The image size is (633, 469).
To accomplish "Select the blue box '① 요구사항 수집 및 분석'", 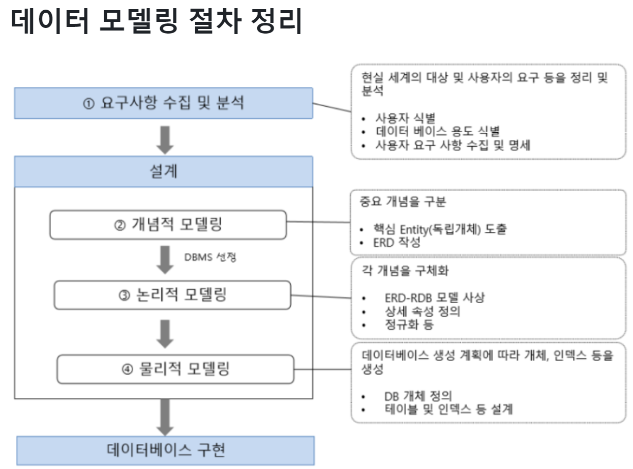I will tap(163, 103).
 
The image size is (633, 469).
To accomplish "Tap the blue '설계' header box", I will tap(163, 172).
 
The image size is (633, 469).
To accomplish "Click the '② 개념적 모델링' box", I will tap(168, 224).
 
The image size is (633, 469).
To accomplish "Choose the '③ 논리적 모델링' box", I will tap(172, 295).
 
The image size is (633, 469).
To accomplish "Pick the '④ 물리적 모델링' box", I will tap(175, 369).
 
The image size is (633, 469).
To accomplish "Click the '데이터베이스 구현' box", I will tap(165, 450).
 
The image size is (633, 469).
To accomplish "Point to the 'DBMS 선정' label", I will tap(210, 256).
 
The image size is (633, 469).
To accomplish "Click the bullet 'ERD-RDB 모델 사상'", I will tap(435, 298).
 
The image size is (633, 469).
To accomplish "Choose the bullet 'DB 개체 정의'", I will tap(418, 395).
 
